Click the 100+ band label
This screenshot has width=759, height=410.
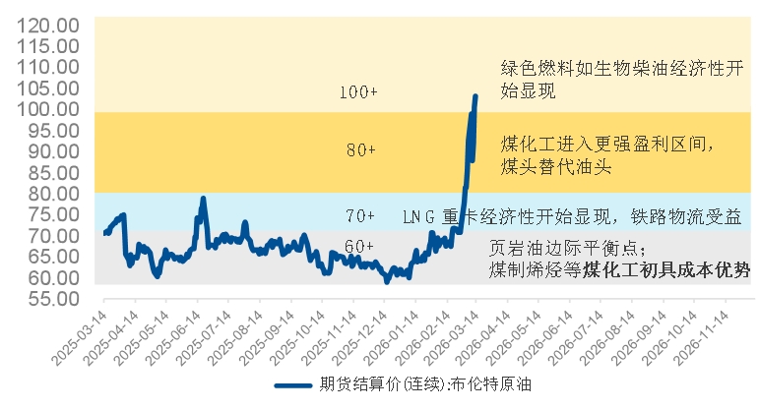click(x=358, y=92)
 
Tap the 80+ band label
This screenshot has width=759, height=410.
click(x=361, y=150)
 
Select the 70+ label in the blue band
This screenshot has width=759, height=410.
click(x=361, y=215)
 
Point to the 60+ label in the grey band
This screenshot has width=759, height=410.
click(x=359, y=246)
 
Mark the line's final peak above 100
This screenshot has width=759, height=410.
click(x=475, y=96)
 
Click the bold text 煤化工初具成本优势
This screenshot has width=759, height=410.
click(x=666, y=268)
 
